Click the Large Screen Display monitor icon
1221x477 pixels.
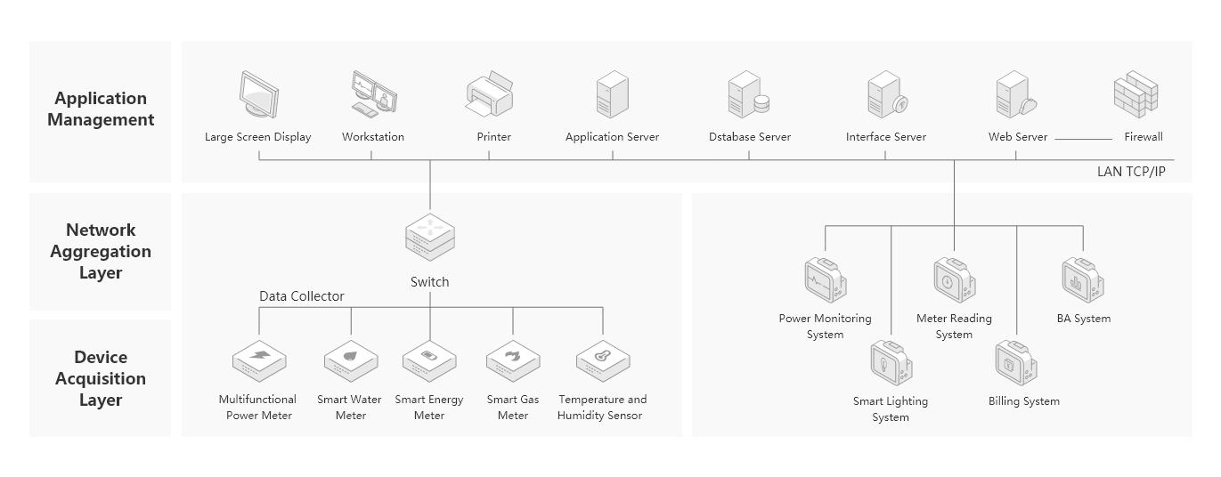(258, 95)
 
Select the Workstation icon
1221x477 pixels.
(373, 93)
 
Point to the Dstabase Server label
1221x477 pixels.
(749, 137)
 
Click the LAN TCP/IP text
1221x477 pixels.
(1130, 172)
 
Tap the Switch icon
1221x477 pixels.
(429, 238)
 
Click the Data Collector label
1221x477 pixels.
(301, 296)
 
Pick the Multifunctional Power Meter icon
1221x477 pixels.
(259, 360)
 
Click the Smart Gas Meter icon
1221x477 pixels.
(513, 360)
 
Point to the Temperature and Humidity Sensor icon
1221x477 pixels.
(603, 360)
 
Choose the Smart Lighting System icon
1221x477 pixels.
(891, 363)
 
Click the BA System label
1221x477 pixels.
(1083, 319)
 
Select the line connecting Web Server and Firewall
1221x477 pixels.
(1083, 138)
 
